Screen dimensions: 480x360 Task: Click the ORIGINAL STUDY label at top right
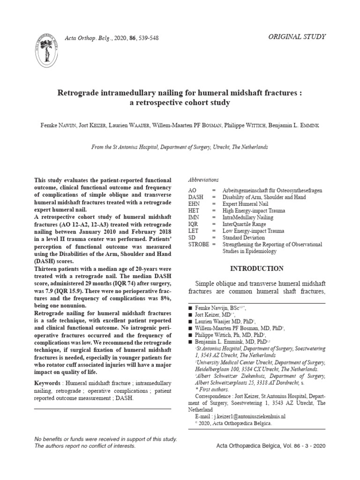tap(297, 37)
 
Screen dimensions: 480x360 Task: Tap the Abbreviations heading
tap(203, 180)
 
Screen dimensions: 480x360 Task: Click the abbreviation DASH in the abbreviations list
tap(196, 197)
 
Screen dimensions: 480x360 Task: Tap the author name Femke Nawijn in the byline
tap(58, 126)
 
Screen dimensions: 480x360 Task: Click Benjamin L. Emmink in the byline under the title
tap(295, 126)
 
